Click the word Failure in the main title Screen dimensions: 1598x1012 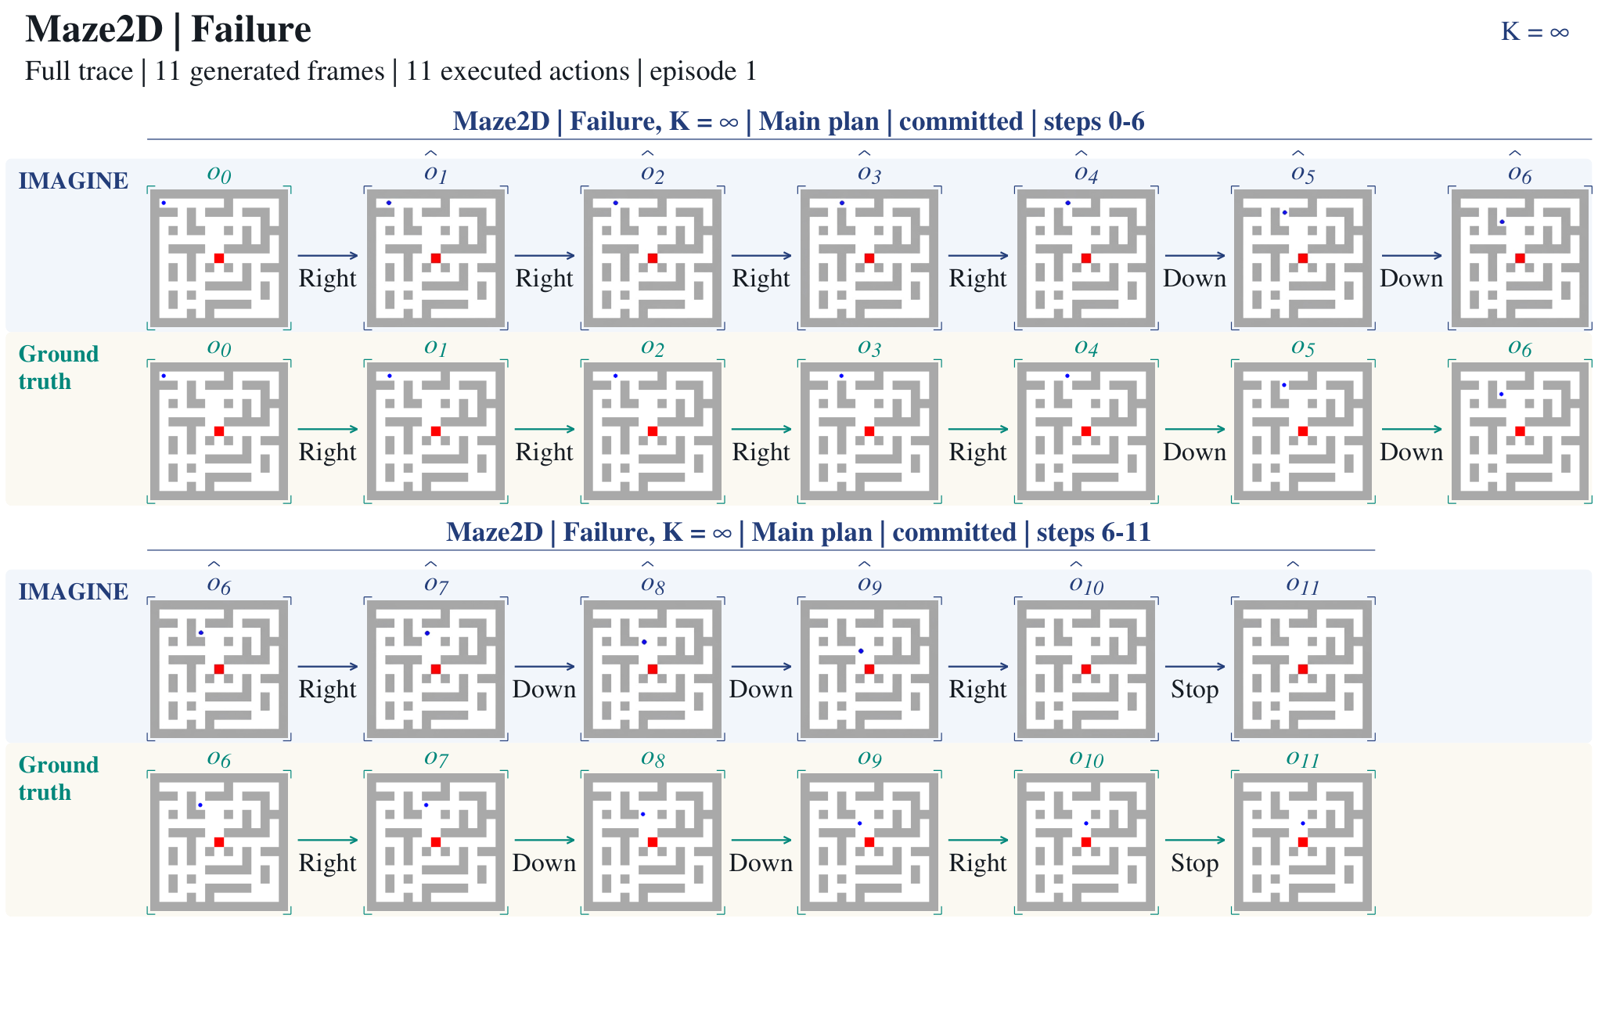pyautogui.click(x=250, y=30)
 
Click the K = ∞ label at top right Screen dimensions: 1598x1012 pyautogui.click(x=1535, y=32)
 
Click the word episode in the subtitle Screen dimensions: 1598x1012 pyautogui.click(x=693, y=71)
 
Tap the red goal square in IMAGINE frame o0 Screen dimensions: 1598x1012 pyautogui.click(x=219, y=258)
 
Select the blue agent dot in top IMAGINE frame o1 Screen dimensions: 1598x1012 pyautogui.click(x=389, y=203)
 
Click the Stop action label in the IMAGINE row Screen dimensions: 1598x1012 pyautogui.click(x=1194, y=690)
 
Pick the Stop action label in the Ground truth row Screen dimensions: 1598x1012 pyautogui.click(x=1194, y=863)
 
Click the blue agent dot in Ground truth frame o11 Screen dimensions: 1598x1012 pyautogui.click(x=1302, y=823)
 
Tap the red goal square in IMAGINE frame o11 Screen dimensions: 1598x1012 pyautogui.click(x=1303, y=669)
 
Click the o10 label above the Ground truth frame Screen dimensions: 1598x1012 pyautogui.click(x=1086, y=758)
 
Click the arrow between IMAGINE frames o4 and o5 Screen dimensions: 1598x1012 pyautogui.click(x=1195, y=256)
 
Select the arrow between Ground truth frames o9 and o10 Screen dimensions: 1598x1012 pyautogui.click(x=978, y=840)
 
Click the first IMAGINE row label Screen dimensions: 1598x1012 pyautogui.click(x=74, y=181)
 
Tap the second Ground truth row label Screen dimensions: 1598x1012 pyautogui.click(x=59, y=779)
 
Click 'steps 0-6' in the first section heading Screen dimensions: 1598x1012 pyautogui.click(x=1093, y=121)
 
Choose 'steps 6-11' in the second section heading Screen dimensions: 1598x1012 pyautogui.click(x=1093, y=532)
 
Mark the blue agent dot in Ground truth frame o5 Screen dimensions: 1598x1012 pyautogui.click(x=1284, y=385)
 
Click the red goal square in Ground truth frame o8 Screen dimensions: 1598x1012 pyautogui.click(x=653, y=842)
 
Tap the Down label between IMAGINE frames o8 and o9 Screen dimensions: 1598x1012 pyautogui.click(x=761, y=690)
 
